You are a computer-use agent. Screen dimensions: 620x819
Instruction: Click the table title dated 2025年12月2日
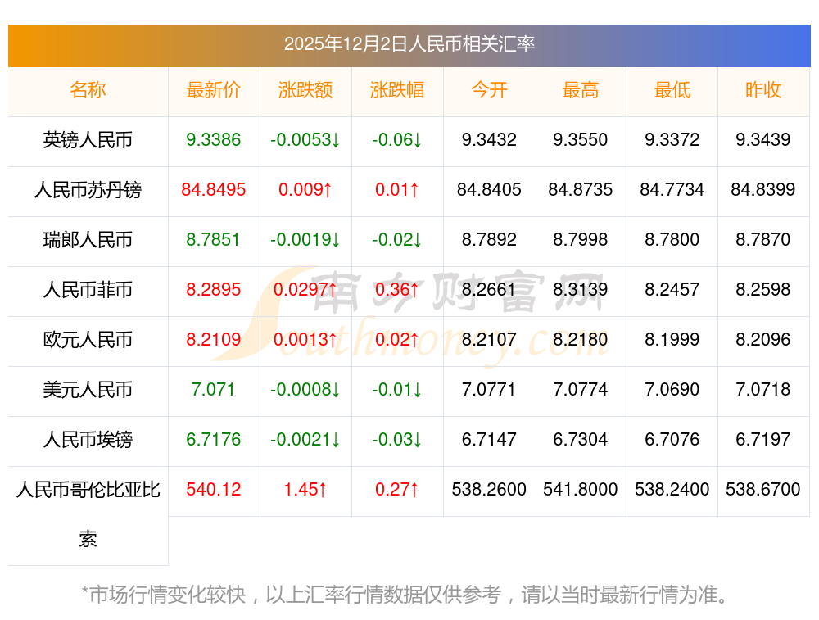(x=409, y=44)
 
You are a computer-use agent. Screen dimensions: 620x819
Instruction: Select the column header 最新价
(x=214, y=90)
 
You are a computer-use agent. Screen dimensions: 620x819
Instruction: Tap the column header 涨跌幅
(x=397, y=90)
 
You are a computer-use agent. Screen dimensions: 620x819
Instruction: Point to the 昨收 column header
(x=763, y=90)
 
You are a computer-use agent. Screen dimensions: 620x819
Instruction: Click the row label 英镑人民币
(x=88, y=140)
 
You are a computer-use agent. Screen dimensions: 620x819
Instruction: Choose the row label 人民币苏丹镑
(x=88, y=190)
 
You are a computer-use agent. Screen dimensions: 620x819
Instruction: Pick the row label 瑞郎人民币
(x=88, y=240)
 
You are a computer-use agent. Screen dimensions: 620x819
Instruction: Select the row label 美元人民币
(x=88, y=390)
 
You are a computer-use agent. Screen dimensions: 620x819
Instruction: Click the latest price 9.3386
(x=214, y=140)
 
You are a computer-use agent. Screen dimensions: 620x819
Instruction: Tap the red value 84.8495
(x=214, y=190)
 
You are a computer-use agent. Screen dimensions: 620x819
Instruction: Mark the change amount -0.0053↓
(x=305, y=140)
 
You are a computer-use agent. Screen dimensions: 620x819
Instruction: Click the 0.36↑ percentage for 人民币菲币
(x=397, y=290)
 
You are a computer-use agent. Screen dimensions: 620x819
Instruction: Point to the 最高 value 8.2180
(x=581, y=340)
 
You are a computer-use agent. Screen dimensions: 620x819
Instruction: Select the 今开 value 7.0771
(x=489, y=390)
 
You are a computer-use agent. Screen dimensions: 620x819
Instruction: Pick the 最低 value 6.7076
(x=672, y=440)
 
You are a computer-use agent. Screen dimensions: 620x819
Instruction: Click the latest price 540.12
(x=214, y=490)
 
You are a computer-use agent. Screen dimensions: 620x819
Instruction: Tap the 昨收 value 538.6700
(x=763, y=490)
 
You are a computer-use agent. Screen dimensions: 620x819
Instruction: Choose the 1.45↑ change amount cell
(x=305, y=490)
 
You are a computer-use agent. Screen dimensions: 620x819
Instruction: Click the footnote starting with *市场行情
(x=405, y=595)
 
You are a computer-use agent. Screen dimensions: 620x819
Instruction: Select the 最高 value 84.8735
(x=581, y=190)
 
